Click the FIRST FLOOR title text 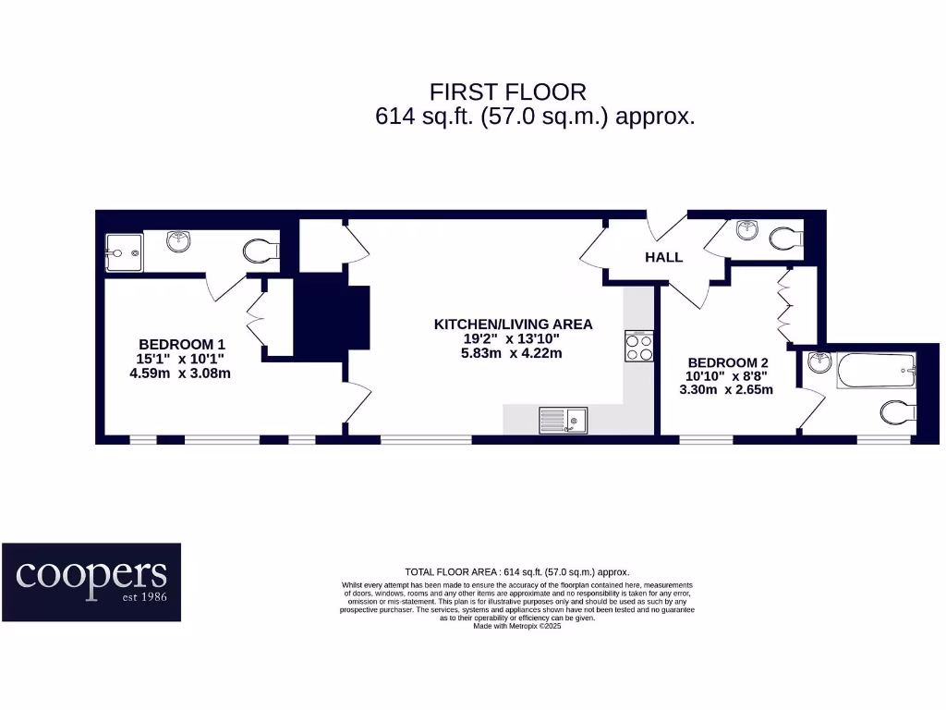tap(507, 92)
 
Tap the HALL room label tap(663, 257)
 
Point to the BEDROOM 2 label tap(728, 362)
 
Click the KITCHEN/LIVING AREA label tap(513, 324)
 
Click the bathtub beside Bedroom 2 tap(876, 371)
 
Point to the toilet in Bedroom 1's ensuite tap(261, 251)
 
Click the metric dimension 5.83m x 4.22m tap(512, 353)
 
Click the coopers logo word tap(91, 575)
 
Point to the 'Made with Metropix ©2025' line tap(516, 626)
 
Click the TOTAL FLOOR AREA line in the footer tap(516, 572)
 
